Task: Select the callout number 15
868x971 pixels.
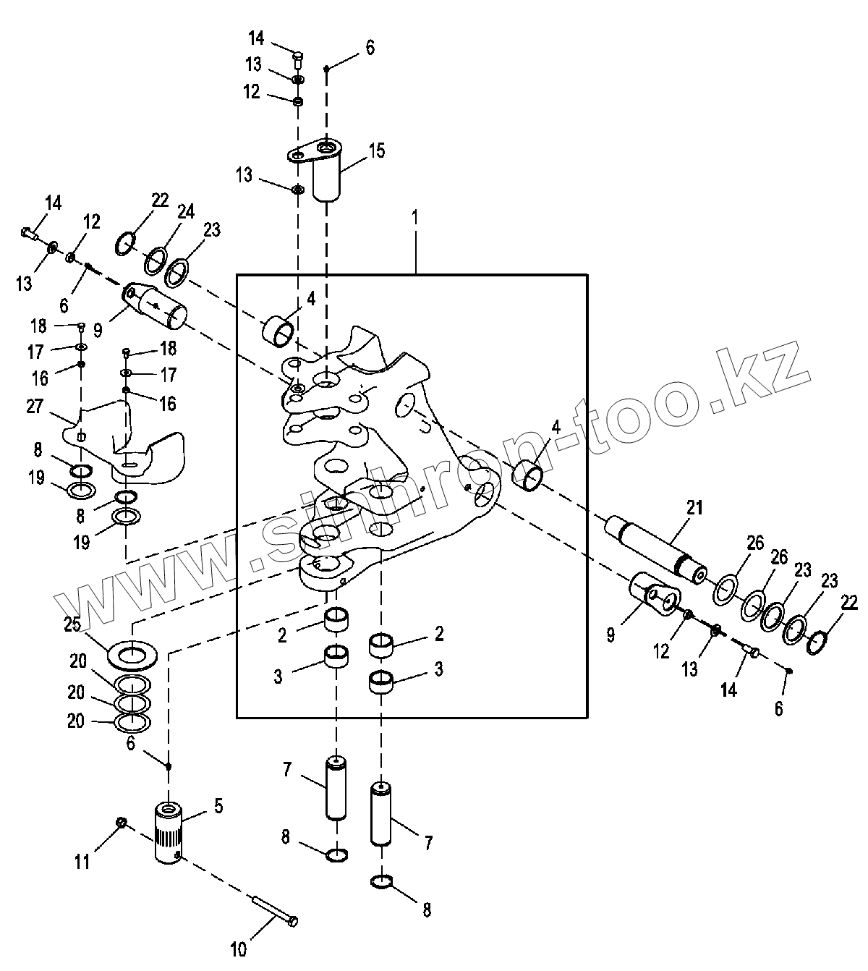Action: [x=376, y=151]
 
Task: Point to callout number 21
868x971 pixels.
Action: [x=694, y=507]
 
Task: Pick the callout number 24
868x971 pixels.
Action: [x=187, y=212]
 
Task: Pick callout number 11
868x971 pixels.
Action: [x=83, y=862]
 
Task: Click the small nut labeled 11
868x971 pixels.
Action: [x=122, y=823]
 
